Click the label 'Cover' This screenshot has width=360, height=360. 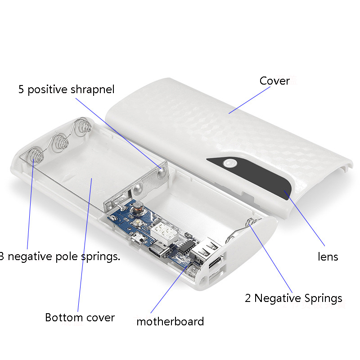[274, 81]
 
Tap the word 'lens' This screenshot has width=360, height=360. [328, 256]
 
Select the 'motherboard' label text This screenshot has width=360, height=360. [170, 321]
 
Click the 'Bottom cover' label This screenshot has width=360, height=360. [80, 318]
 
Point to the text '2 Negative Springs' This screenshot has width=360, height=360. [293, 298]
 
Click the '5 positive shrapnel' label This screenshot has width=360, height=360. [66, 89]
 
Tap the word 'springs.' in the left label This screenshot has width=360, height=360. [101, 256]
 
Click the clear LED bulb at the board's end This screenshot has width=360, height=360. [193, 272]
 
